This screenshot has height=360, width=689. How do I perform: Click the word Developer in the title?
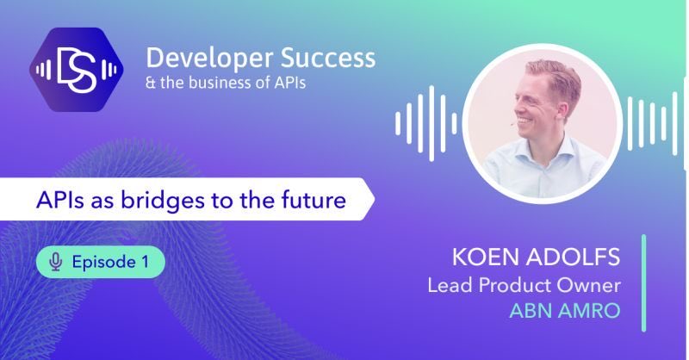tap(201, 58)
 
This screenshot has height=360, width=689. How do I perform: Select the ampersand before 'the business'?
tap(152, 85)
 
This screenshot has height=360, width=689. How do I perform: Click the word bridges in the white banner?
tap(163, 202)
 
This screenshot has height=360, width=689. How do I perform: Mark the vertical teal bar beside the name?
tap(642, 282)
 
